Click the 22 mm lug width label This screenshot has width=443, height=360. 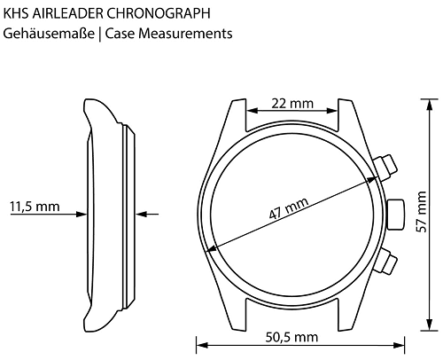click(x=292, y=104)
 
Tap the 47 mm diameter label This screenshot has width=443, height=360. click(x=289, y=208)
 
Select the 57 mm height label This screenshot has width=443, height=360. click(x=422, y=212)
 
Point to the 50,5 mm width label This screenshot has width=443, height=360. click(x=291, y=337)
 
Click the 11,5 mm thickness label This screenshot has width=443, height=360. click(x=35, y=207)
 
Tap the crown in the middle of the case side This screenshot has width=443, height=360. click(x=395, y=215)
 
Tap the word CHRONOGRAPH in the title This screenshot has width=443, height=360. click(x=158, y=13)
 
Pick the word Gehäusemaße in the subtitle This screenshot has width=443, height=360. click(x=49, y=34)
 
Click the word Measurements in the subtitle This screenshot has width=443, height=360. click(x=185, y=34)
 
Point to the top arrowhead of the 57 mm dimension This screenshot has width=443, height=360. click(x=430, y=105)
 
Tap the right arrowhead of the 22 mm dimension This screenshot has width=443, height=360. click(x=331, y=111)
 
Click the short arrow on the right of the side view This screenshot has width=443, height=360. click(x=147, y=214)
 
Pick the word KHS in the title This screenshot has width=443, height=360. click(x=16, y=13)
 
